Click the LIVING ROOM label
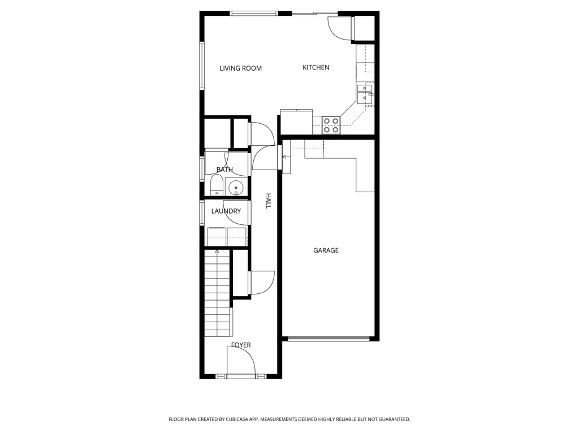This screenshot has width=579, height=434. pyautogui.click(x=240, y=68)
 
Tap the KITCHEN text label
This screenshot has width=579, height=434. pyautogui.click(x=316, y=67)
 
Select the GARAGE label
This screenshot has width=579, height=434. pyautogui.click(x=326, y=250)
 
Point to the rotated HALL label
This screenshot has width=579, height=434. pyautogui.click(x=269, y=201)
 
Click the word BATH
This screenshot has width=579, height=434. pyautogui.click(x=224, y=170)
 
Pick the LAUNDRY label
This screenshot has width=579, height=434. pyautogui.click(x=226, y=211)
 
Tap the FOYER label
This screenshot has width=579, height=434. pyautogui.click(x=241, y=345)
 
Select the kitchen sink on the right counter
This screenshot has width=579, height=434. pyautogui.click(x=365, y=93)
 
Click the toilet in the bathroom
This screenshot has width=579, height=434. pyautogui.click(x=215, y=185)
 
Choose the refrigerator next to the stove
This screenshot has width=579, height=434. pyautogui.click(x=296, y=122)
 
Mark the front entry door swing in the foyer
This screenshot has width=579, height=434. pyautogui.click(x=240, y=362)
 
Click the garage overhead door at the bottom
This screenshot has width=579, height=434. pyautogui.click(x=329, y=339)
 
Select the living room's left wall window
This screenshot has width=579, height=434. pyautogui.click(x=201, y=66)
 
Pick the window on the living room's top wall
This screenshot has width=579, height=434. pyautogui.click(x=253, y=13)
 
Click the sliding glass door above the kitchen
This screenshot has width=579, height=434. pyautogui.click(x=314, y=13)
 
